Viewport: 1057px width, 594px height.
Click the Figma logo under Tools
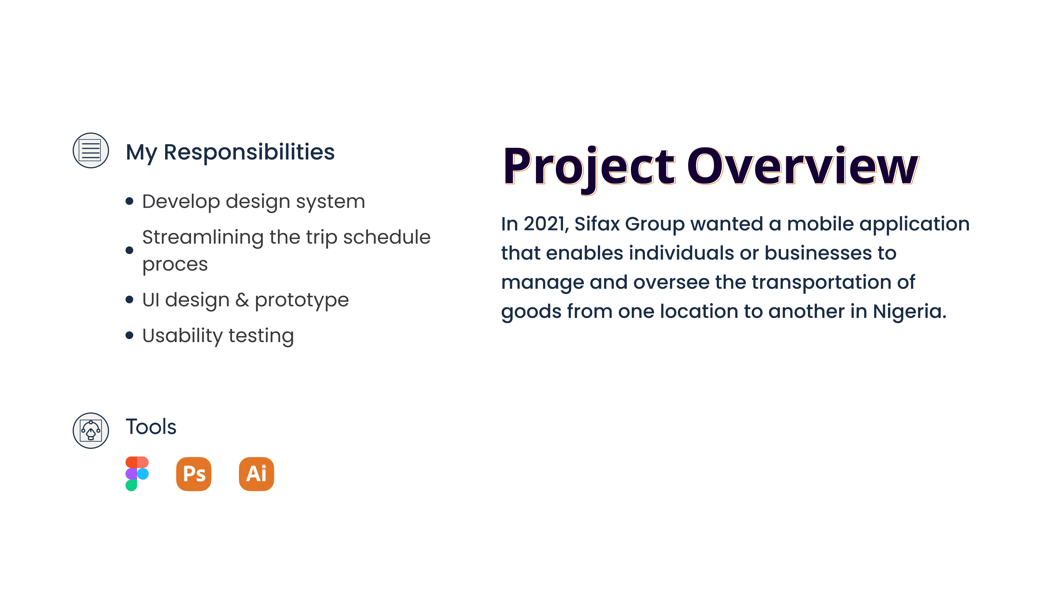point(137,474)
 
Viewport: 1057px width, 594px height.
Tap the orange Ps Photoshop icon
point(194,474)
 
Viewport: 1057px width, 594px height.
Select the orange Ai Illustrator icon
point(257,474)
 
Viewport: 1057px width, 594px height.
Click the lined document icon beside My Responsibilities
point(91,150)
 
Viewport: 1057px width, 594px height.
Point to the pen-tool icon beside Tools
point(91,430)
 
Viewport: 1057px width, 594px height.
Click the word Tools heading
point(151,427)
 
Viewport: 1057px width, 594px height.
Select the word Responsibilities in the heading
point(249,152)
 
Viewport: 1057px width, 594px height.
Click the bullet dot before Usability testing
point(129,335)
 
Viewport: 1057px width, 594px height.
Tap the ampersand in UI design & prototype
point(242,300)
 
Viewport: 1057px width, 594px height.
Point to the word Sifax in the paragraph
point(597,224)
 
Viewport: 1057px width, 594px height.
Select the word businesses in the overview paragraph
point(818,253)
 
